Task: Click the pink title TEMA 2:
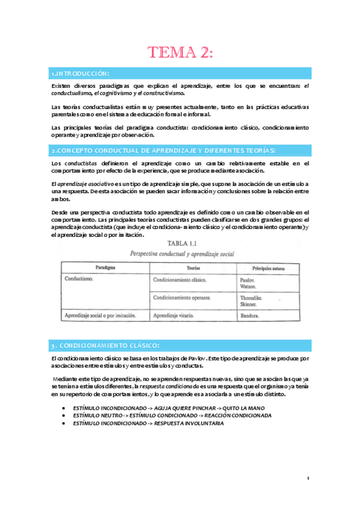tap(180, 52)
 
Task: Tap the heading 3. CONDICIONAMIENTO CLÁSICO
tap(105, 345)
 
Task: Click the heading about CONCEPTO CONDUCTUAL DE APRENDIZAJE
tap(163, 150)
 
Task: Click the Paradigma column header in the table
tap(105, 266)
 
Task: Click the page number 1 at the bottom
tap(307, 479)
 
